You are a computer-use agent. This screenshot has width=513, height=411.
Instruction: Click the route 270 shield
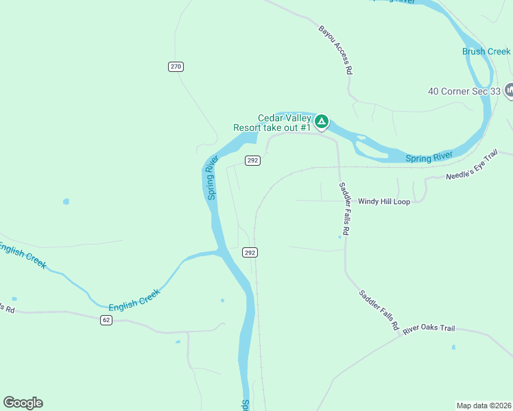(176, 66)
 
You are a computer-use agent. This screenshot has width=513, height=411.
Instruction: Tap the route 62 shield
(105, 320)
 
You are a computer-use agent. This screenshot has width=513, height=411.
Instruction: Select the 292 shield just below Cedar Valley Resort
(252, 160)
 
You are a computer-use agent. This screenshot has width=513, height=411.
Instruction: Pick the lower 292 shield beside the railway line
(250, 253)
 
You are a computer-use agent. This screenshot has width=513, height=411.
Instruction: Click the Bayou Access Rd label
(336, 50)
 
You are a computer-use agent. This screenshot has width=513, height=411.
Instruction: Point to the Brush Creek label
(486, 51)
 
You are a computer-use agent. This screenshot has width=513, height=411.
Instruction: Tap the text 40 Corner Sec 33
(464, 90)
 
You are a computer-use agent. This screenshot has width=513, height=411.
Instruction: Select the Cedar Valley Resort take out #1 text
(273, 123)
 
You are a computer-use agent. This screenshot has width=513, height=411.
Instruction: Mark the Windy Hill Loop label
(383, 202)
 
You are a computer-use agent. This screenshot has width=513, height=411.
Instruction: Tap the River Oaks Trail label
(429, 329)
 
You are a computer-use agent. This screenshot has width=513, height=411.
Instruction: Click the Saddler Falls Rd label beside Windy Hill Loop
(344, 210)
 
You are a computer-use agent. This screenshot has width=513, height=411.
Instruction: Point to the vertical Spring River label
(211, 177)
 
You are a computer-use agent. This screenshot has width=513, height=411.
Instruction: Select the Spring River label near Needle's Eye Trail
(429, 158)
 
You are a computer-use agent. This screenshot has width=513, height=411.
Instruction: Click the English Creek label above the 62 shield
(134, 299)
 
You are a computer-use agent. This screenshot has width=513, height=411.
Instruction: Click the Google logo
(23, 403)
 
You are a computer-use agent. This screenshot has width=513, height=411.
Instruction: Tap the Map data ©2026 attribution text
(484, 406)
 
